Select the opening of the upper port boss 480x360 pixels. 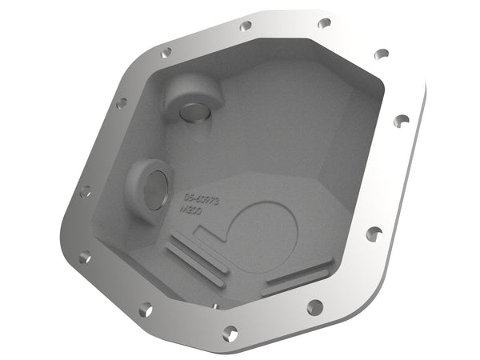(x=193, y=112)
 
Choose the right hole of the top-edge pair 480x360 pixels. (x=324, y=23)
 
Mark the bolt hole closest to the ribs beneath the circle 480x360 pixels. (x=314, y=306)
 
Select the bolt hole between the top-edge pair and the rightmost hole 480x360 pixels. (x=382, y=54)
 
